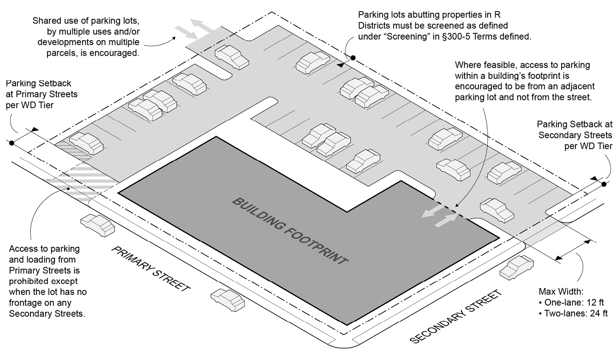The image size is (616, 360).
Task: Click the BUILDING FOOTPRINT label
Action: (289, 231)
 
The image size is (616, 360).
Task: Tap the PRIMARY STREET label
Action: (150, 269)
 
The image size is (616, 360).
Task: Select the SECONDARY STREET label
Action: (455, 317)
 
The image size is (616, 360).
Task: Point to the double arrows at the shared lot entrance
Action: (194, 29)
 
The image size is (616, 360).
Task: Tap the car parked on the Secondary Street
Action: (516, 268)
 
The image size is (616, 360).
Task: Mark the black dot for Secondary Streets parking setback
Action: (604, 184)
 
